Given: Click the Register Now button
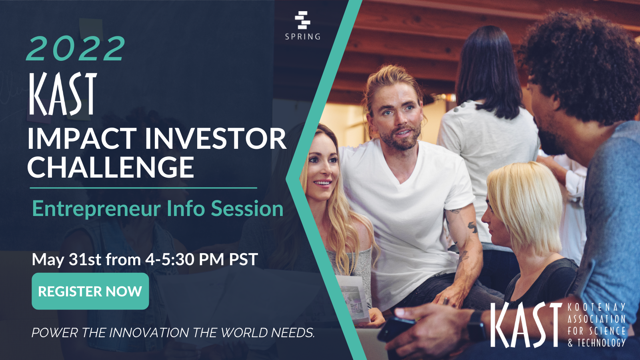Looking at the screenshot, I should pyautogui.click(x=90, y=291).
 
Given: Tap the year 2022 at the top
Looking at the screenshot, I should pyautogui.click(x=76, y=49).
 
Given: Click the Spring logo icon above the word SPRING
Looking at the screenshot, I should pyautogui.click(x=302, y=20).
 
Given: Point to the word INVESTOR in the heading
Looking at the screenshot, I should pyautogui.click(x=216, y=139).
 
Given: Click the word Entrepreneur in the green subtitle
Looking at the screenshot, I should pyautogui.click(x=96, y=209).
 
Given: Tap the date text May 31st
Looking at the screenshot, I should pyautogui.click(x=66, y=260).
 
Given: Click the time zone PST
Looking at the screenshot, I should pyautogui.click(x=243, y=260).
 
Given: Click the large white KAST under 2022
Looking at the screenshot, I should pyautogui.click(x=63, y=94).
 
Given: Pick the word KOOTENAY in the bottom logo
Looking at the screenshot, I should pyautogui.click(x=596, y=307).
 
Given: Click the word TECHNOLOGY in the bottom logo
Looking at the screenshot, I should pyautogui.click(x=601, y=343).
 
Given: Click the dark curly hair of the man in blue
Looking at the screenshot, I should pyautogui.click(x=584, y=60).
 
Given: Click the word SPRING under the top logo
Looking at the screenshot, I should pyautogui.click(x=303, y=37).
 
